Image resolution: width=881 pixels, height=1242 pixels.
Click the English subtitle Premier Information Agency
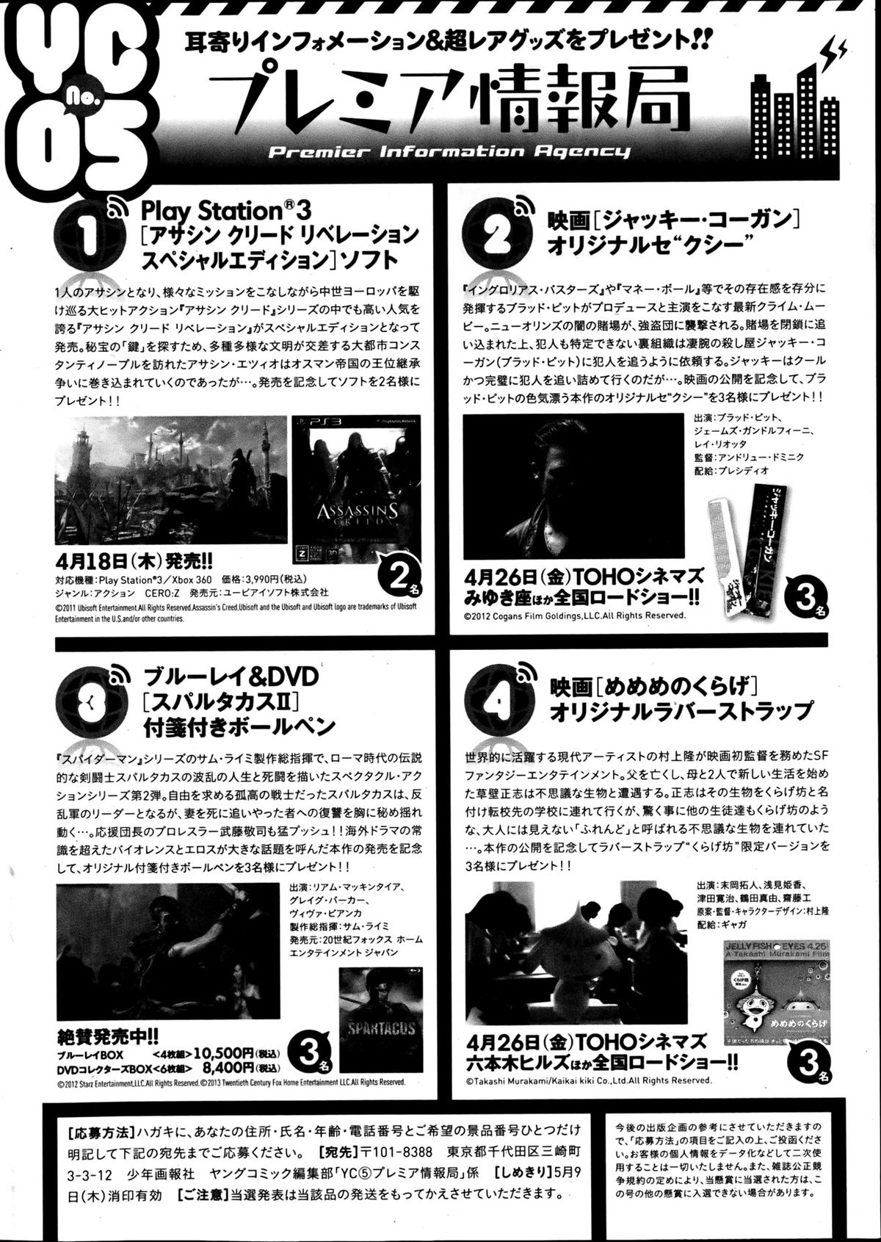click(x=449, y=152)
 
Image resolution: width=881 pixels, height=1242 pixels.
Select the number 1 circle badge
click(x=87, y=234)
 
